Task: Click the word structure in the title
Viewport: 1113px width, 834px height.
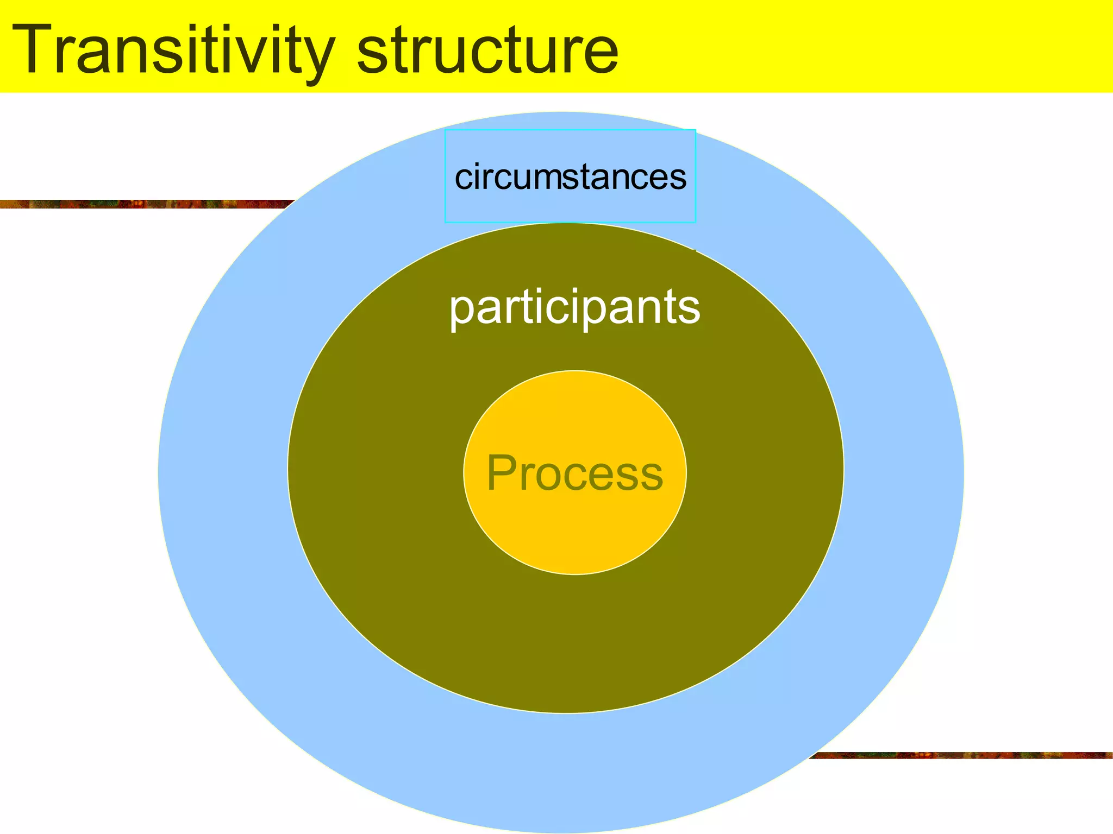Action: [x=487, y=51]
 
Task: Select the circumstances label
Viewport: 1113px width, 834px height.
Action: [x=570, y=177]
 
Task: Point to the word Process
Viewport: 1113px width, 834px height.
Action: [x=574, y=473]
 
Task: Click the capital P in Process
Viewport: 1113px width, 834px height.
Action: [x=501, y=472]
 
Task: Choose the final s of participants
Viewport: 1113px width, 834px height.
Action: [x=691, y=309]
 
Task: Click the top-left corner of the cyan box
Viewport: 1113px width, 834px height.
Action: [x=445, y=130]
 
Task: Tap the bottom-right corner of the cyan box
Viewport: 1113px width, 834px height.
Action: [x=696, y=222]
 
